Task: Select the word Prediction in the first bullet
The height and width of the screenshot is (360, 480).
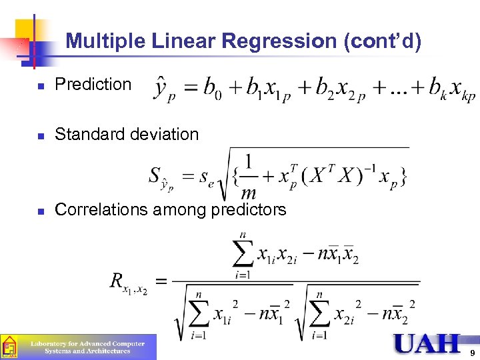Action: pos(93,85)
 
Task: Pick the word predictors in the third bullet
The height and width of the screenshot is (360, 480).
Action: pos(248,209)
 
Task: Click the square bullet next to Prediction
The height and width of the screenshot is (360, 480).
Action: pos(41,86)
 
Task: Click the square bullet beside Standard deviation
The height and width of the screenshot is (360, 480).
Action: pos(41,135)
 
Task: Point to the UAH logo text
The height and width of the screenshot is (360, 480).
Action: pos(427,343)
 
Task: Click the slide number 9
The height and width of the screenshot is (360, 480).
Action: pos(472,353)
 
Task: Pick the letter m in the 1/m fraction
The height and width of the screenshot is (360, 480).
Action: pos(249,193)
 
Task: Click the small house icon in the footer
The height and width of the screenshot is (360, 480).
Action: pos(9,347)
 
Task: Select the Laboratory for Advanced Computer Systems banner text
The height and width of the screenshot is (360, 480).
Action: pos(87,347)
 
